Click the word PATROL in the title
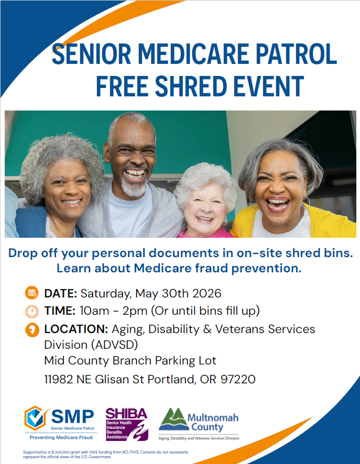(x=296, y=54)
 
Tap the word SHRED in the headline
(x=191, y=86)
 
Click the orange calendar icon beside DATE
(x=31, y=293)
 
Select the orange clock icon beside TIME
(x=31, y=311)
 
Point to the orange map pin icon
(x=32, y=330)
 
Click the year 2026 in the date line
(x=206, y=293)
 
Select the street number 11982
(x=59, y=379)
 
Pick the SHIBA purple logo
(x=127, y=424)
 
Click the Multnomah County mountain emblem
(x=174, y=419)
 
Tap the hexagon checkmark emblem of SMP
(x=36, y=418)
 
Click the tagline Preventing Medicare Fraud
(x=61, y=437)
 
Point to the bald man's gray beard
(x=135, y=187)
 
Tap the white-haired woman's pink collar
(x=204, y=233)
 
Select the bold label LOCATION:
(x=76, y=329)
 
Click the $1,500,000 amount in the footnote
(x=60, y=452)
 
